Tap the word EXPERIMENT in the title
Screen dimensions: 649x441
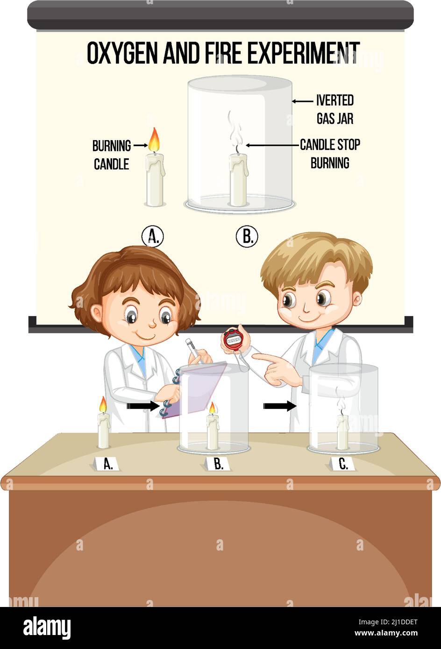(x=303, y=53)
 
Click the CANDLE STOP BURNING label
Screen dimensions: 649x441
(x=330, y=154)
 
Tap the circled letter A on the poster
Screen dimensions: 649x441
(x=153, y=237)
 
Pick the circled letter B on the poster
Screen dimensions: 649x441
(x=247, y=237)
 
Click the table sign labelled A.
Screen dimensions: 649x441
(x=107, y=464)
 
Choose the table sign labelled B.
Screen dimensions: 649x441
(x=218, y=464)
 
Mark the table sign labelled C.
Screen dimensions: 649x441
(x=343, y=464)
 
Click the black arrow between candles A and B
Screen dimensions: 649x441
(x=143, y=406)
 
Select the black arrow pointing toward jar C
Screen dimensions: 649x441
(x=280, y=406)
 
